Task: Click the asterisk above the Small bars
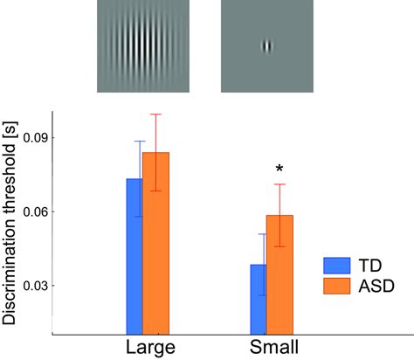pyautogui.click(x=279, y=169)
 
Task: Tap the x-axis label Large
pyautogui.click(x=151, y=347)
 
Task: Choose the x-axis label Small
pyautogui.click(x=274, y=347)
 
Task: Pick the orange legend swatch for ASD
pyautogui.click(x=337, y=287)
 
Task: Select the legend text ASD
pyautogui.click(x=376, y=287)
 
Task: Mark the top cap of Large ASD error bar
pyautogui.click(x=156, y=114)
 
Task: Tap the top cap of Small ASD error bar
pyautogui.click(x=279, y=184)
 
